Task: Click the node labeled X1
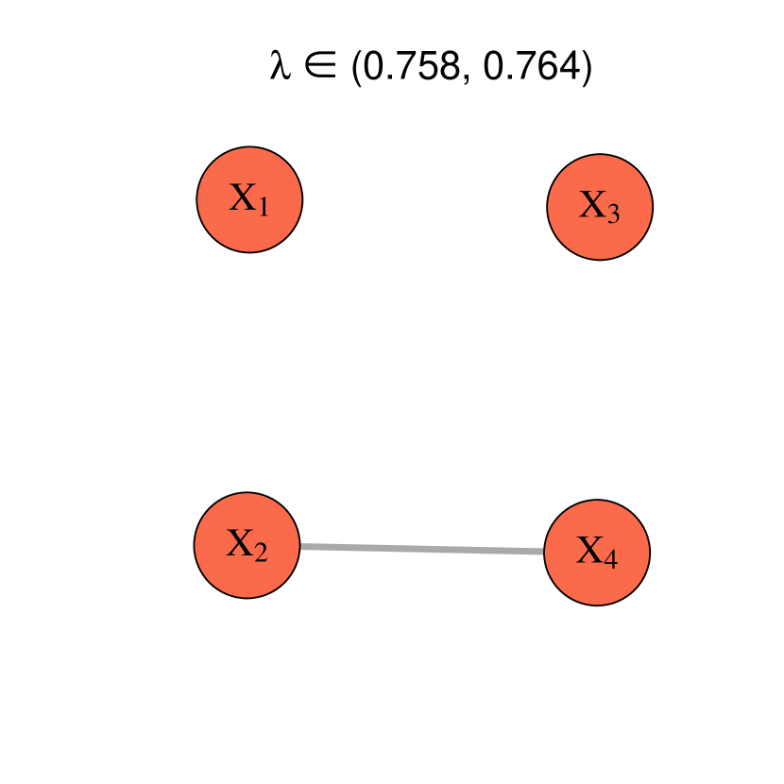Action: click(249, 199)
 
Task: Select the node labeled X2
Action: click(247, 544)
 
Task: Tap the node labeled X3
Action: click(600, 206)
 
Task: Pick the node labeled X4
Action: click(597, 553)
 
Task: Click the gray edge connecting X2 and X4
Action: click(422, 549)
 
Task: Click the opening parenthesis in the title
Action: click(356, 70)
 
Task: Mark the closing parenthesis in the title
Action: click(585, 70)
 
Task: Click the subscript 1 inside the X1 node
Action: click(264, 207)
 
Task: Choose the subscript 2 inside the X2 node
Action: click(262, 552)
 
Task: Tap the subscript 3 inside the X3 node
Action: click(614, 214)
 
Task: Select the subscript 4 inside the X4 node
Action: click(611, 560)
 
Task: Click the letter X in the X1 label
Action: click(243, 197)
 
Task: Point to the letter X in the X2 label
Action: click(240, 542)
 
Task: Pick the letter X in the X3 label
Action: click(592, 204)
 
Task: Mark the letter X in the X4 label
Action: click(589, 551)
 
